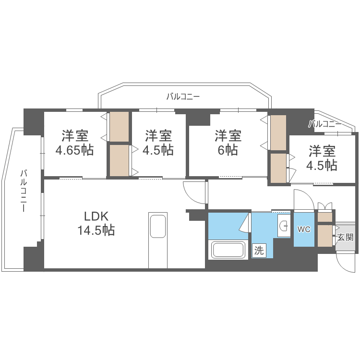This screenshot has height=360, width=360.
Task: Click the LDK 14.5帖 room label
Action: (96, 223)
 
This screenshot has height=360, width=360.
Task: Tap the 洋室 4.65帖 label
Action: (74, 143)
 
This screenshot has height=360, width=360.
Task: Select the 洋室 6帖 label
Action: (228, 142)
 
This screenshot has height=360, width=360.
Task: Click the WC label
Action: (304, 229)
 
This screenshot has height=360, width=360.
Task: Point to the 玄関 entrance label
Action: (345, 237)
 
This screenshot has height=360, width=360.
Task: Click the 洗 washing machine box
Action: (259, 250)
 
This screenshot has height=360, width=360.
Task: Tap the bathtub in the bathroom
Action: (228, 251)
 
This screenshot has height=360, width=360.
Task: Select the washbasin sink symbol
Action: (284, 225)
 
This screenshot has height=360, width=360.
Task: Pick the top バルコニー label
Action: (183, 96)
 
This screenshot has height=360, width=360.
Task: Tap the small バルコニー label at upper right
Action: (325, 124)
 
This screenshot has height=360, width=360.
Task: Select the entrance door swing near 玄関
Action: (346, 262)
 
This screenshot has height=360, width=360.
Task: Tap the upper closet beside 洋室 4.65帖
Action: (120, 127)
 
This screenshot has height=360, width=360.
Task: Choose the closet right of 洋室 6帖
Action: (278, 132)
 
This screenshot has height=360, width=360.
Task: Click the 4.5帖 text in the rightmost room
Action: (323, 165)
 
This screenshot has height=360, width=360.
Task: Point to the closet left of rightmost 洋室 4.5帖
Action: (277, 168)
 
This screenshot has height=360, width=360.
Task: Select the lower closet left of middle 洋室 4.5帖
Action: (120, 160)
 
